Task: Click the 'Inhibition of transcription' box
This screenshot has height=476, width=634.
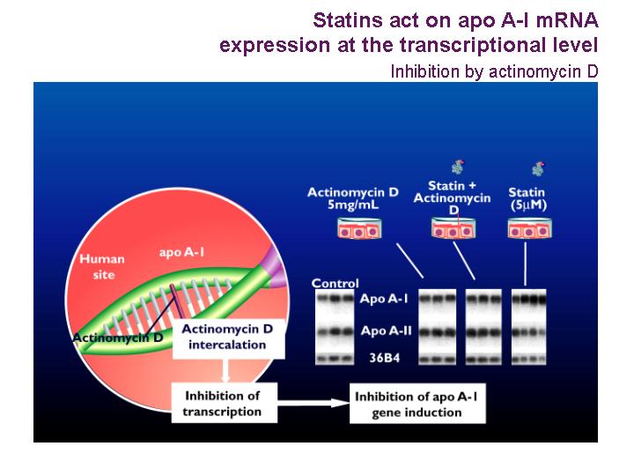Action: tap(224, 403)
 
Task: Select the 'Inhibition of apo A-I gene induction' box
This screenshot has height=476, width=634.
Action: tap(417, 404)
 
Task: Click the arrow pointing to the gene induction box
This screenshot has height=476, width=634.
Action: tap(313, 403)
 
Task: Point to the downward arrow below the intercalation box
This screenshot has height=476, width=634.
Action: tap(225, 370)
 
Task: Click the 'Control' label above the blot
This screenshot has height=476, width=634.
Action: tap(335, 283)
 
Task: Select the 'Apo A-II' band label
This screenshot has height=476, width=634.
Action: tap(387, 331)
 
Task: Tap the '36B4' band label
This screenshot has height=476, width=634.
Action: tap(385, 357)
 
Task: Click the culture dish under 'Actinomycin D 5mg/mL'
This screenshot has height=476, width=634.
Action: tap(359, 228)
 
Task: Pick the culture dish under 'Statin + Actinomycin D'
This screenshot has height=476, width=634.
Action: tap(453, 228)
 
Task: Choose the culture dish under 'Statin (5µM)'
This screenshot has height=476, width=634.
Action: tap(529, 228)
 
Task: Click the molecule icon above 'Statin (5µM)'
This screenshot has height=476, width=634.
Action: tap(538, 168)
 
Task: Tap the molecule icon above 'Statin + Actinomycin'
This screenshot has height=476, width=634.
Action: tap(458, 167)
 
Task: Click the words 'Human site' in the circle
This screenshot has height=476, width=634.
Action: tap(102, 267)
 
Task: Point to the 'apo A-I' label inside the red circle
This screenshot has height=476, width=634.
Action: tap(181, 253)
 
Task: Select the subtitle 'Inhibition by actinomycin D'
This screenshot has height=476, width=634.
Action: tap(494, 71)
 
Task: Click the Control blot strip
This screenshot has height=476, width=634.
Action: tap(335, 327)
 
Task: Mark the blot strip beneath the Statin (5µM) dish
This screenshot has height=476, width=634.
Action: tap(529, 327)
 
